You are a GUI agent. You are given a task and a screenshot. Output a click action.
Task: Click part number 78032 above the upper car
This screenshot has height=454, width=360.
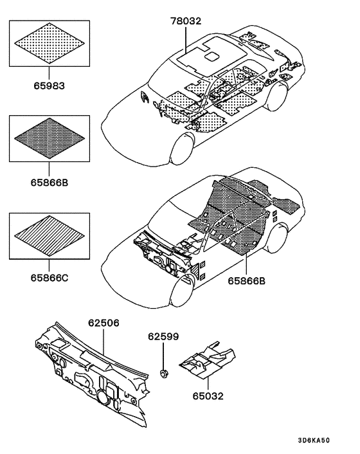186,21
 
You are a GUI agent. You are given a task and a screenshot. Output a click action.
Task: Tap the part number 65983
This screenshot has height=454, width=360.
50,86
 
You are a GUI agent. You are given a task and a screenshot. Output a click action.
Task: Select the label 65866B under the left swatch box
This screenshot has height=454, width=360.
50,183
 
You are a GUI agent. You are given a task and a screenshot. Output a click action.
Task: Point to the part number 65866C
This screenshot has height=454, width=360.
50,278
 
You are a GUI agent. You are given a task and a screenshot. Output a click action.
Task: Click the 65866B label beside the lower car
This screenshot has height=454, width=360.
246,281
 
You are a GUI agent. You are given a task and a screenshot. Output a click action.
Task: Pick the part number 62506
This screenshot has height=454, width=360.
104,323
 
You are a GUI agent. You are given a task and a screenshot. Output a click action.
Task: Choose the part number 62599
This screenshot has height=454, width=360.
163,336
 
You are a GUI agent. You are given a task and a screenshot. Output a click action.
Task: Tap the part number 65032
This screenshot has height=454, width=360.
208,395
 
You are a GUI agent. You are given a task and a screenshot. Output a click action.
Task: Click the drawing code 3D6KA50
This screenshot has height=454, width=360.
314,440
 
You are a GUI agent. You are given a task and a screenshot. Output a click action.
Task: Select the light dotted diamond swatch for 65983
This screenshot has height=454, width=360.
50,43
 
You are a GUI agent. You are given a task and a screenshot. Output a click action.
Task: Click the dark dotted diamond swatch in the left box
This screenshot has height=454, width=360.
50,138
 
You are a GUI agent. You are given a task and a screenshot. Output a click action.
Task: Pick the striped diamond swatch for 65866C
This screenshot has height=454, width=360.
50,236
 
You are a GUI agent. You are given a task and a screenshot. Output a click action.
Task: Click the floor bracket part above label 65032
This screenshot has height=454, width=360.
207,360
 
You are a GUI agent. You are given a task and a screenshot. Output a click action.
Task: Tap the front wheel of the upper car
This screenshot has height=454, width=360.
182,149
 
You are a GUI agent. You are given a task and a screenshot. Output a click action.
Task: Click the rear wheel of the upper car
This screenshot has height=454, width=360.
278,96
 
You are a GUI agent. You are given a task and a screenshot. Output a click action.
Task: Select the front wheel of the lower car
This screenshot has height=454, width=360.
182,292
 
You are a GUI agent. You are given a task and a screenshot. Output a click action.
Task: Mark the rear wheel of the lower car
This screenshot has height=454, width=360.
278,238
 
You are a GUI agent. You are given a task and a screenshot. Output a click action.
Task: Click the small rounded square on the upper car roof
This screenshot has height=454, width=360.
212,57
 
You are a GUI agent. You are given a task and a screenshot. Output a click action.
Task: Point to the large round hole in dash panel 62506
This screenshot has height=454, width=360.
102,397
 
